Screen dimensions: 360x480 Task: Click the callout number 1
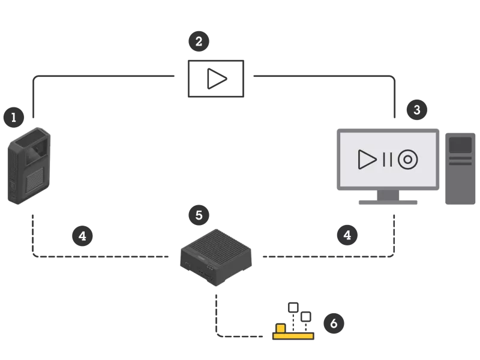click(13, 117)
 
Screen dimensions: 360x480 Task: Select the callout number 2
click(199, 41)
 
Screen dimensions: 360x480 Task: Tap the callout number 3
click(416, 110)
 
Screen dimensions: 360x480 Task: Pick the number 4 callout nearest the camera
click(83, 236)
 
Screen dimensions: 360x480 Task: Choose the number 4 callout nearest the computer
click(347, 235)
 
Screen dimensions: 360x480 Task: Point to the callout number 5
click(199, 215)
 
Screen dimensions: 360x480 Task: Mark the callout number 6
click(333, 323)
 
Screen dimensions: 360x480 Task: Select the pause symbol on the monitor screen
click(387, 159)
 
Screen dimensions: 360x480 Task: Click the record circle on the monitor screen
click(407, 159)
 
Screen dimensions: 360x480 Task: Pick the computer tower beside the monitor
click(460, 168)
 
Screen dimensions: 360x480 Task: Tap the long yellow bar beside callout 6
click(293, 336)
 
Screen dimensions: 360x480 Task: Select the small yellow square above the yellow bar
click(280, 328)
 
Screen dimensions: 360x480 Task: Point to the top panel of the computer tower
click(460, 145)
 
